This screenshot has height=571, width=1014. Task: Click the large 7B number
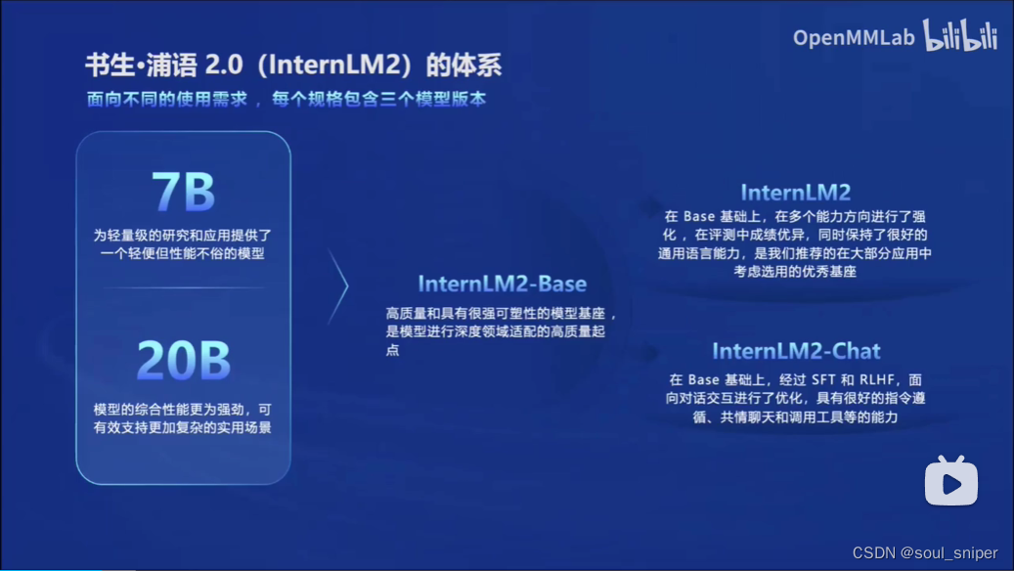pyautogui.click(x=183, y=192)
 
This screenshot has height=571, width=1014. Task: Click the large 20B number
pyautogui.click(x=183, y=360)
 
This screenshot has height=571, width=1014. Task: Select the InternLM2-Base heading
pyautogui.click(x=502, y=285)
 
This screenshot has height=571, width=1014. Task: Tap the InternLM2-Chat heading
pyautogui.click(x=796, y=351)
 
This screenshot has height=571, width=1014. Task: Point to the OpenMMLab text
pyautogui.click(x=854, y=37)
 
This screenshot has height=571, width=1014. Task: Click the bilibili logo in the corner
pyautogui.click(x=960, y=36)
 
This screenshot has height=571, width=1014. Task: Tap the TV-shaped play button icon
pyautogui.click(x=951, y=481)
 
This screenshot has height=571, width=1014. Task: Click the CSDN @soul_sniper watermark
pyautogui.click(x=925, y=553)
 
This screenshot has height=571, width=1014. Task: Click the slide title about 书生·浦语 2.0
pyautogui.click(x=293, y=66)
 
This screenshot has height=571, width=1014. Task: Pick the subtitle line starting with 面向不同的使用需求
pyautogui.click(x=287, y=99)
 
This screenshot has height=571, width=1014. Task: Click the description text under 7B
pyautogui.click(x=183, y=244)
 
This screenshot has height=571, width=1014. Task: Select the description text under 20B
pyautogui.click(x=183, y=418)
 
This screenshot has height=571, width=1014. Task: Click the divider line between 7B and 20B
pyautogui.click(x=183, y=287)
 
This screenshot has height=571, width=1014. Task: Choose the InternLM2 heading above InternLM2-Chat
pyautogui.click(x=795, y=192)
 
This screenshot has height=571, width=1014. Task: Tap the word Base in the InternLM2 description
pyautogui.click(x=700, y=216)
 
